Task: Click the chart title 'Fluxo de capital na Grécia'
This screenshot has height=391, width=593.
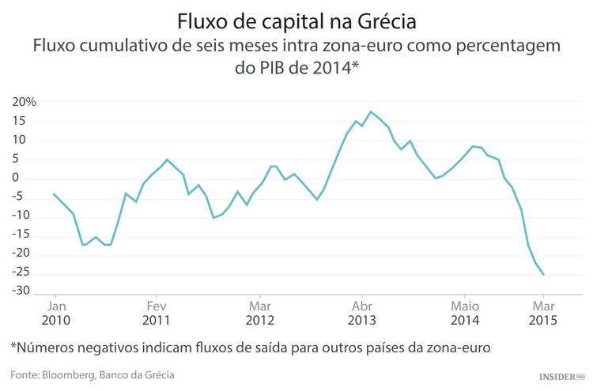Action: tap(296, 18)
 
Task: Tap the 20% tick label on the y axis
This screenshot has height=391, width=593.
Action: tap(24, 103)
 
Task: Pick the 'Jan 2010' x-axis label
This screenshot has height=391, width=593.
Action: tap(55, 313)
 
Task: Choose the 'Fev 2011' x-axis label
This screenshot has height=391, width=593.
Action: tap(157, 313)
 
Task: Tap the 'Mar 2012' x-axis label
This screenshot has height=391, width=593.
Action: tap(259, 313)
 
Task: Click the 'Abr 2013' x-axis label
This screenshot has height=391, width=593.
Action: tap(362, 313)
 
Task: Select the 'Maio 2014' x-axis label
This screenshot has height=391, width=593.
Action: tap(465, 313)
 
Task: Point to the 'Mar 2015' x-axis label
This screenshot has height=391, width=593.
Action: tap(543, 313)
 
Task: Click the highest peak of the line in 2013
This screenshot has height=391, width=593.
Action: tap(371, 111)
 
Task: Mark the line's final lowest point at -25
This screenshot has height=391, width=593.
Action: tap(544, 274)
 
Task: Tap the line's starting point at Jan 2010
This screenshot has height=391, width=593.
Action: tap(54, 194)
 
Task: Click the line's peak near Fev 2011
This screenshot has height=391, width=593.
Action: tap(167, 160)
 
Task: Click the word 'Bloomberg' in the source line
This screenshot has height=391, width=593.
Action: tap(66, 374)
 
